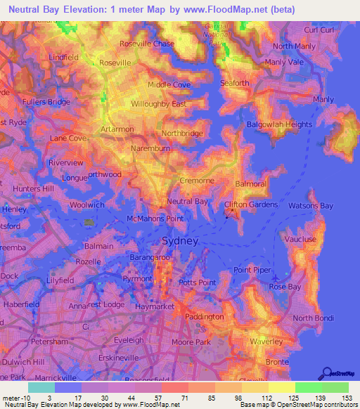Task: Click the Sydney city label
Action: pos(181,241)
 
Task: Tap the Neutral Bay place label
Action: pos(188,201)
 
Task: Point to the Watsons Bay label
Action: pos(311,206)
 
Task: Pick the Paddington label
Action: pos(203,317)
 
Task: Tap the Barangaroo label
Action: pos(148,258)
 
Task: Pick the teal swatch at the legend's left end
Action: pos(41,387)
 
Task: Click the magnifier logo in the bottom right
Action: pos(326,375)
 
